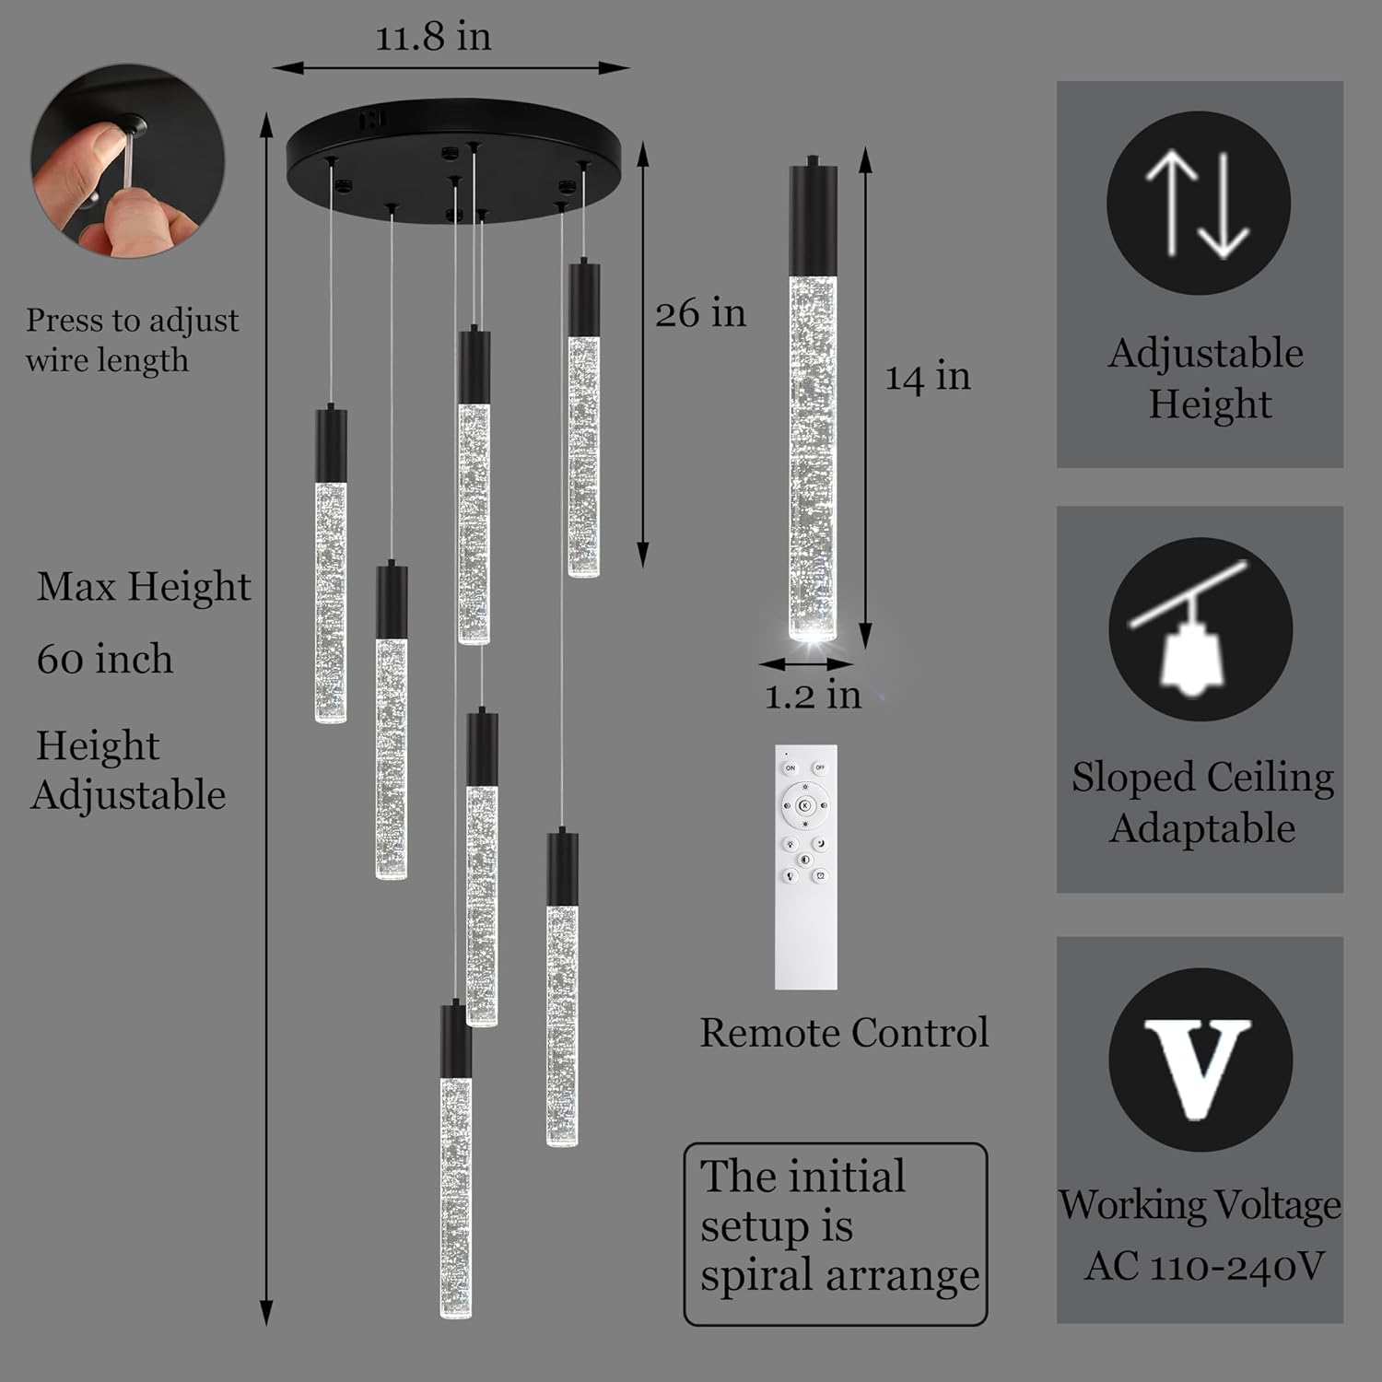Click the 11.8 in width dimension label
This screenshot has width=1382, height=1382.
433,38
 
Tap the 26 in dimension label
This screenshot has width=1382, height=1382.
700,313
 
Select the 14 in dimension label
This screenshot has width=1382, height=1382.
928,377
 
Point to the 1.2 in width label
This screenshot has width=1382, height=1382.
813,695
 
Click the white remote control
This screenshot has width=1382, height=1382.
806,867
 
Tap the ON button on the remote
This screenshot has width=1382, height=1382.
790,767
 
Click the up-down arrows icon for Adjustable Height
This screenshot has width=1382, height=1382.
1198,203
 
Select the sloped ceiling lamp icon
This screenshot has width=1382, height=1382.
1200,630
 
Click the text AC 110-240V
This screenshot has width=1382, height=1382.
1204,1267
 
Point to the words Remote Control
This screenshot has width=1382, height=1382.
844,1033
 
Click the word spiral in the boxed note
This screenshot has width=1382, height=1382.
757,1277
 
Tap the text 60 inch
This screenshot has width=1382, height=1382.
105,660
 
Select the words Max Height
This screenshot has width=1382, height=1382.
144,588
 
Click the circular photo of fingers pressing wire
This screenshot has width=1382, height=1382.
127,160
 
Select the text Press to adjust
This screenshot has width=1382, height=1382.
132,322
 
